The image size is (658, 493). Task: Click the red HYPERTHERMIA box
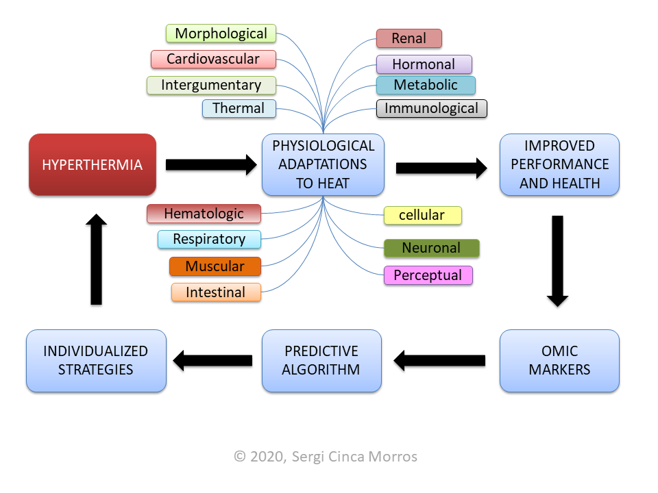point(93,164)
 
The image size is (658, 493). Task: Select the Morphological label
point(221,34)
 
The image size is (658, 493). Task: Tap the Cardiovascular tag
point(213,59)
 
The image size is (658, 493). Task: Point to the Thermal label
point(239,108)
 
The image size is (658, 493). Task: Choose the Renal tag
point(409,38)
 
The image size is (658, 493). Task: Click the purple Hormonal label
point(424,64)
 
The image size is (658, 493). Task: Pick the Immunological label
point(431,108)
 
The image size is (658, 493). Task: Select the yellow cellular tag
point(422,215)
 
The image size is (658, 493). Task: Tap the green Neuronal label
point(431,248)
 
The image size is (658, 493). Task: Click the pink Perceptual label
point(428,275)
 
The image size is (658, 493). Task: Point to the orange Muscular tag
point(215,266)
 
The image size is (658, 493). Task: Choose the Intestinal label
point(216,292)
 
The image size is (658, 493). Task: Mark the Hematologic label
point(204,214)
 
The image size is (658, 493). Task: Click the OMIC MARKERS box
point(559,361)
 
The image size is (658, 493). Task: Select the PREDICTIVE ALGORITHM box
point(321,361)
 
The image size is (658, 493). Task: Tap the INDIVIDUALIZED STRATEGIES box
point(96,361)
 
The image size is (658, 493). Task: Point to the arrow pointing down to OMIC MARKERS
point(558,260)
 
